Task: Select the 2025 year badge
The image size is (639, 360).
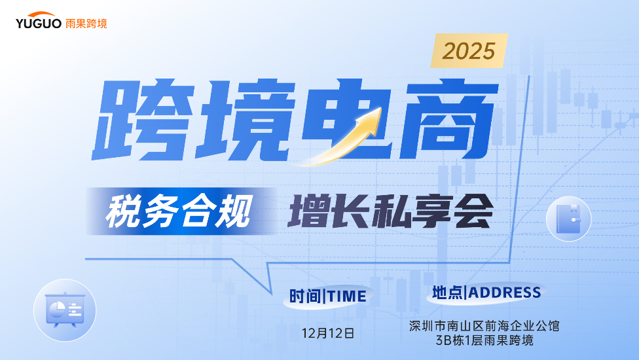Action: pyautogui.click(x=469, y=50)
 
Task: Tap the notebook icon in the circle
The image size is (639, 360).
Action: pyautogui.click(x=568, y=219)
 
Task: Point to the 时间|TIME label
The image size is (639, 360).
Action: pyautogui.click(x=328, y=297)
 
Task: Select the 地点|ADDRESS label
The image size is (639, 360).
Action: pyautogui.click(x=486, y=293)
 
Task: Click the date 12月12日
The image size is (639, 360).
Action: pyautogui.click(x=328, y=333)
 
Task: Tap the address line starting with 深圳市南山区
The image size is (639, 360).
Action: pyautogui.click(x=484, y=325)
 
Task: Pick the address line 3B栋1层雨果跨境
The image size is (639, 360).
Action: pyautogui.click(x=484, y=340)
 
